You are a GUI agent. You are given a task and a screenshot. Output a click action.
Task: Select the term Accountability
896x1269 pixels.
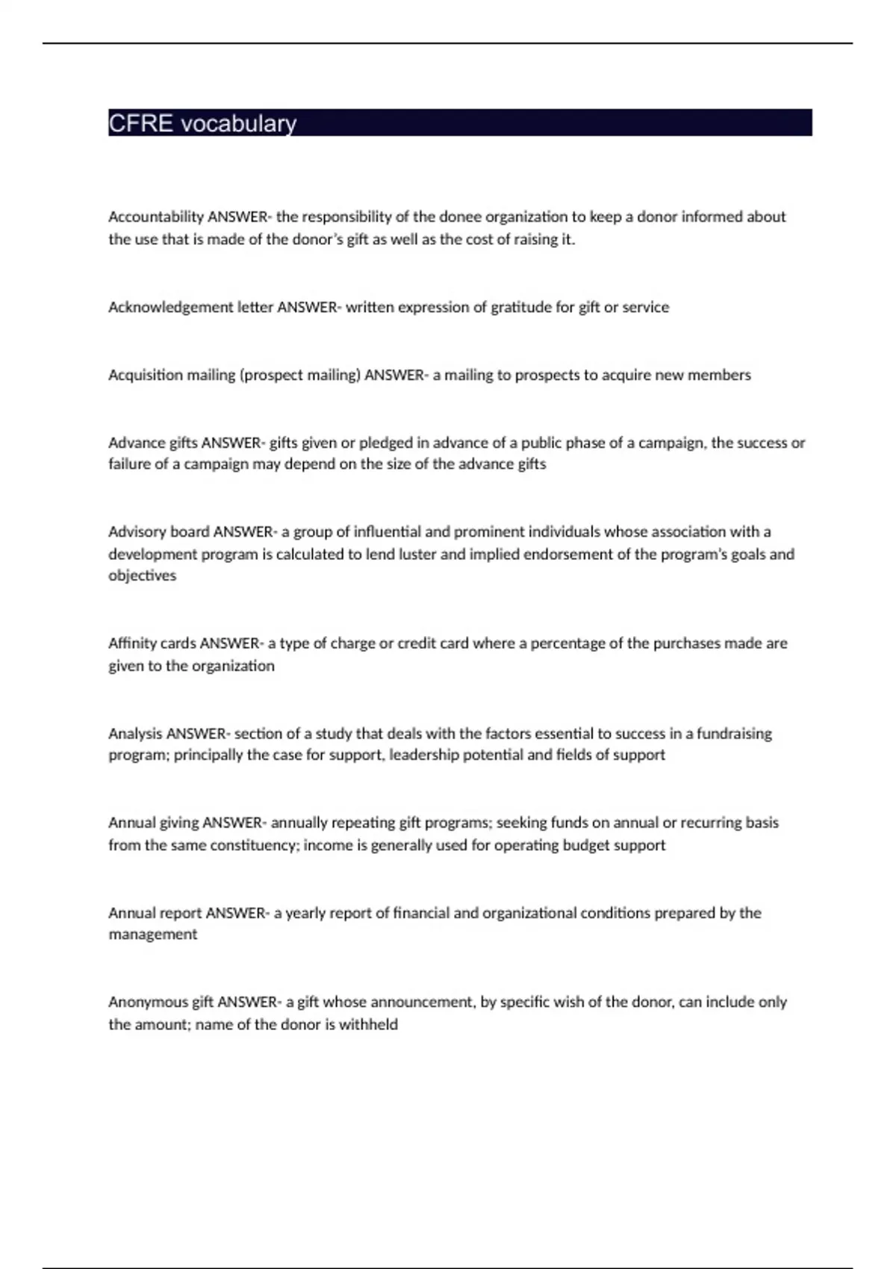156,217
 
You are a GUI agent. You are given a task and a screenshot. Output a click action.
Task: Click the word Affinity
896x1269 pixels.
132,643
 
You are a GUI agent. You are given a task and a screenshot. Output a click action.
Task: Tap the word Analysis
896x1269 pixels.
135,734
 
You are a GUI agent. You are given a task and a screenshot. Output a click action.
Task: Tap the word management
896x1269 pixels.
153,935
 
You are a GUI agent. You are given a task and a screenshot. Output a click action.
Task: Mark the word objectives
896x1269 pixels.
143,576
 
